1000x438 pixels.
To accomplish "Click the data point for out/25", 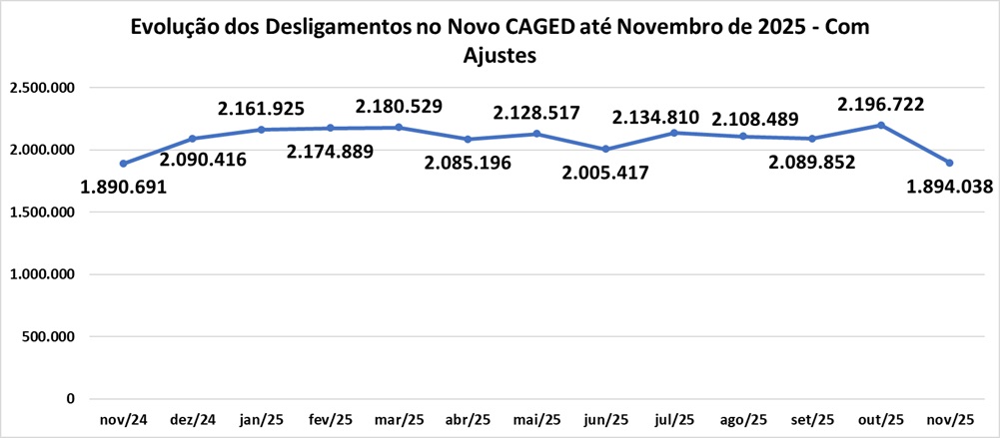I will pyautogui.click(x=880, y=125).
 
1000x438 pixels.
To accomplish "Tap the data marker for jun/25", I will pyautogui.click(x=605, y=149).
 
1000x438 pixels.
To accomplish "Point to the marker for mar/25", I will pyautogui.click(x=399, y=127).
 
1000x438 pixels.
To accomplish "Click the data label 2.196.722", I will pyautogui.click(x=880, y=104).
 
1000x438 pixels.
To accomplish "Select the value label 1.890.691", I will pyautogui.click(x=124, y=187).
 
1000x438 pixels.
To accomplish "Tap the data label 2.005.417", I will pyautogui.click(x=605, y=173).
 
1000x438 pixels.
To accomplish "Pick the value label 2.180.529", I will pyautogui.click(x=400, y=105).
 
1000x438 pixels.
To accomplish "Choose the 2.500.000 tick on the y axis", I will pyautogui.click(x=42, y=88).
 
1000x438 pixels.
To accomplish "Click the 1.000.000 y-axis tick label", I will pyautogui.click(x=42, y=274).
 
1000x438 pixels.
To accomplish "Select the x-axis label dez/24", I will pyautogui.click(x=193, y=420).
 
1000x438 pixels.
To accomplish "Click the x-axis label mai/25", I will pyautogui.click(x=536, y=420).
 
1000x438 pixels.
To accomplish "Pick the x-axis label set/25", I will pyautogui.click(x=811, y=420).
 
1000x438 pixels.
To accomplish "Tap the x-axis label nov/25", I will pyautogui.click(x=949, y=420).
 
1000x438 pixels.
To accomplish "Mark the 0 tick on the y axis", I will pyautogui.click(x=70, y=399).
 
